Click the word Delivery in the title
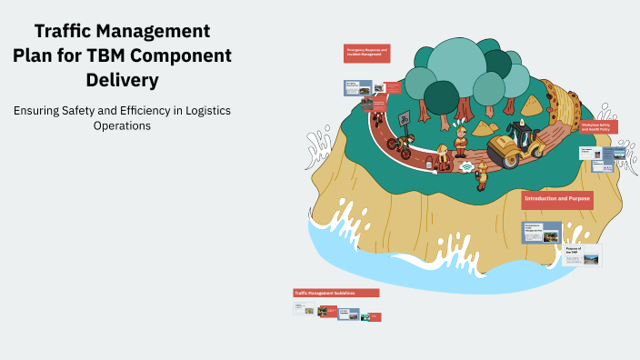[122, 80]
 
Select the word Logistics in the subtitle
[200, 110]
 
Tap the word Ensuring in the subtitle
[39, 110]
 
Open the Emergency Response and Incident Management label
[367, 53]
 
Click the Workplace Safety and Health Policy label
[598, 127]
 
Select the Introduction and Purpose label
[556, 199]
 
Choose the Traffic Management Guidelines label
[335, 293]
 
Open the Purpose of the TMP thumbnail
[580, 254]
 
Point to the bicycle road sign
[402, 118]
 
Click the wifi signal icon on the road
[466, 167]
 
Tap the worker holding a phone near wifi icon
[482, 173]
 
